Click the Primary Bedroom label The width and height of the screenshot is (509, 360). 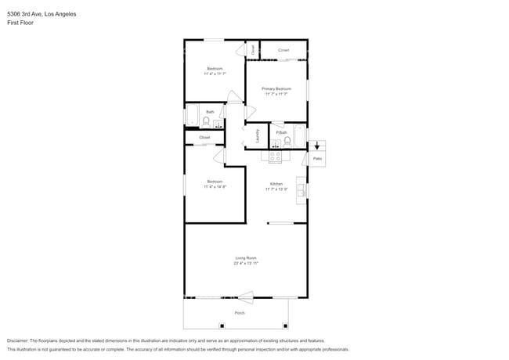276,89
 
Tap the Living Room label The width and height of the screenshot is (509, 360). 246,258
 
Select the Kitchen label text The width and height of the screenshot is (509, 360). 276,184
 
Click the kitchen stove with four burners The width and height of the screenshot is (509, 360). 276,156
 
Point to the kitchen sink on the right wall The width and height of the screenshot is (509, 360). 301,190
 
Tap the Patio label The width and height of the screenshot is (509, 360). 317,159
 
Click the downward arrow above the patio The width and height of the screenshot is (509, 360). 316,145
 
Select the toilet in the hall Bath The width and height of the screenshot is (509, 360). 206,121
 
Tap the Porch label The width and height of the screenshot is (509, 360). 240,313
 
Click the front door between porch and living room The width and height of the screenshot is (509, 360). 244,297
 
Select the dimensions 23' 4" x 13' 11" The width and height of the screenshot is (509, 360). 246,264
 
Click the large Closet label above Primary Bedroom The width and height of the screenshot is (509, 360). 283,50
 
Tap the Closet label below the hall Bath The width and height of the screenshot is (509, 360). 204,138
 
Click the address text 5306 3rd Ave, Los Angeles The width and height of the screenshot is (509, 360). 43,14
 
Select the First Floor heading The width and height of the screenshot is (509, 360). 20,23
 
